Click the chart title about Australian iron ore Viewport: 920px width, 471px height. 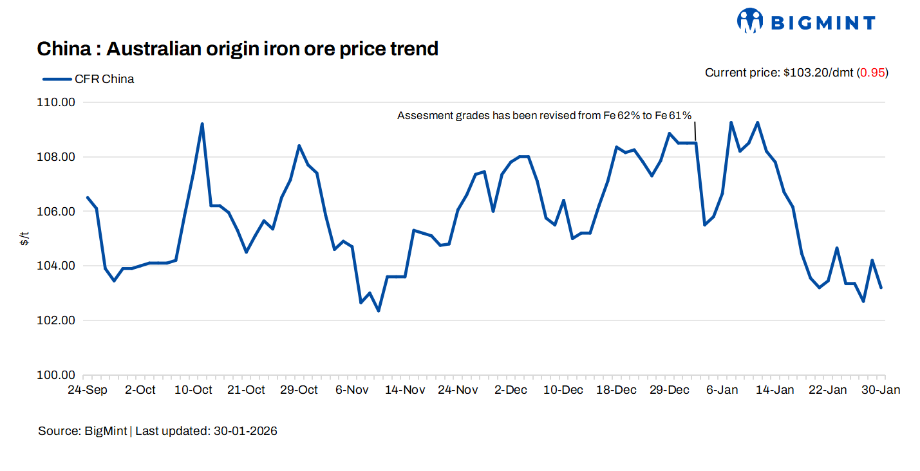pos(238,48)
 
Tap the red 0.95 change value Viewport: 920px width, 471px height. pos(872,73)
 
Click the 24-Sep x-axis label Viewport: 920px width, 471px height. pos(88,390)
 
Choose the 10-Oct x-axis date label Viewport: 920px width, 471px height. pos(194,390)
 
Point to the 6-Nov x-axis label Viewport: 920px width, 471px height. pos(352,390)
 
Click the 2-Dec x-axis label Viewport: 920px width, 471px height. pos(511,390)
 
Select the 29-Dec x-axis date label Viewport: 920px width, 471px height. pos(669,390)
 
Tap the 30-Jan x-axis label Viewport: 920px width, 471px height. pos(881,390)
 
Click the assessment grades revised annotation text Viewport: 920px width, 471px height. pos(544,116)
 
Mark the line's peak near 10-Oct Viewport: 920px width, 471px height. pos(202,124)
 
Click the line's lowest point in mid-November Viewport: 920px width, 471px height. pos(379,311)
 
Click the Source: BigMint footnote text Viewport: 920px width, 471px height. pos(158,431)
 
